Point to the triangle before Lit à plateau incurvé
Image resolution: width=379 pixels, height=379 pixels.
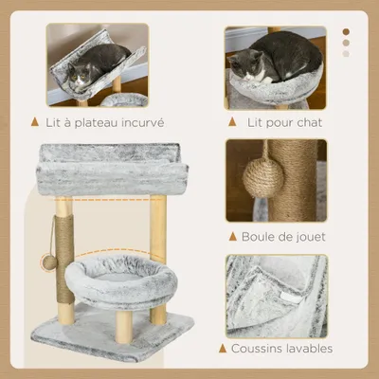point(34,122)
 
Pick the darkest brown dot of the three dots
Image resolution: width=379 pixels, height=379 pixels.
point(347,31)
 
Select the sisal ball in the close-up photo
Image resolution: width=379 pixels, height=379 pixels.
point(262,177)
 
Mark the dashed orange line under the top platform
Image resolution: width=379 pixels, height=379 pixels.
point(109,200)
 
